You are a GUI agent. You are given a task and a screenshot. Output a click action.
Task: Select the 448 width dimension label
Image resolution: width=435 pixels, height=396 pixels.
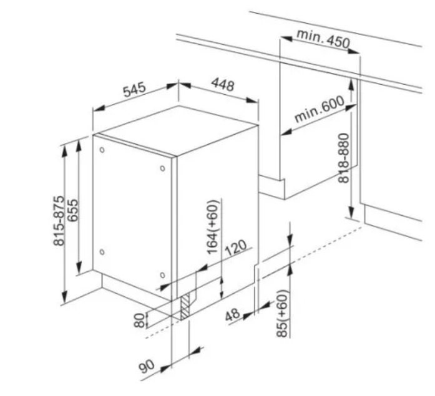(x=223, y=85)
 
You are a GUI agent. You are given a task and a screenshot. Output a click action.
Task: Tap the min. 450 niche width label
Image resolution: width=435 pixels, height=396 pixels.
(x=323, y=38)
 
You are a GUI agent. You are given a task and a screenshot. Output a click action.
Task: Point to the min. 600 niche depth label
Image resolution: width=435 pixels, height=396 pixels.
(x=319, y=109)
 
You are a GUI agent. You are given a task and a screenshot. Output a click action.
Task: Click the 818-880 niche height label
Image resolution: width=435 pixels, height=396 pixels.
(x=343, y=158)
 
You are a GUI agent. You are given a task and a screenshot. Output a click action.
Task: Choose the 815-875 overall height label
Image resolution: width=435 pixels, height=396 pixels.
(x=59, y=221)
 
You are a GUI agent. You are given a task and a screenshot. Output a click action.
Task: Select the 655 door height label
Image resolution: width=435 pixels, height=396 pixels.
(x=73, y=210)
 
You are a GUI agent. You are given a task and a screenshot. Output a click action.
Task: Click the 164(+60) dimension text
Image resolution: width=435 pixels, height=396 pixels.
(x=213, y=226)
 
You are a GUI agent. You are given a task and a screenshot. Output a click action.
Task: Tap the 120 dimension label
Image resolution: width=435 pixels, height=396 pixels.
(x=235, y=248)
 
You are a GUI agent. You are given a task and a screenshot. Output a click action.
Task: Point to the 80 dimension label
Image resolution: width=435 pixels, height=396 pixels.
(x=140, y=321)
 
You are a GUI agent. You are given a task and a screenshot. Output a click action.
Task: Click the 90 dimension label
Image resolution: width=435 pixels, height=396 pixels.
(x=147, y=366)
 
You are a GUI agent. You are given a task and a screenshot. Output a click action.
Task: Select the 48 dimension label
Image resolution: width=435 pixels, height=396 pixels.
(x=232, y=315)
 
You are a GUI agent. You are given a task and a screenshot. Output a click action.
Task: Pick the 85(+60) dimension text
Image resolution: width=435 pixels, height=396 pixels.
(x=281, y=313)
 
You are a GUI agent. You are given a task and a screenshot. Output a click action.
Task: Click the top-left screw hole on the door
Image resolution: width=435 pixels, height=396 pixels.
(x=102, y=150)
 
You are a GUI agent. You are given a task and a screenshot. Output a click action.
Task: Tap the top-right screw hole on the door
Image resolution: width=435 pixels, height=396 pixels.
(x=162, y=168)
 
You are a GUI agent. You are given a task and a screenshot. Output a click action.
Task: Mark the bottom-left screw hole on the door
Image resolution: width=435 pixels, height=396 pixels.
(x=102, y=252)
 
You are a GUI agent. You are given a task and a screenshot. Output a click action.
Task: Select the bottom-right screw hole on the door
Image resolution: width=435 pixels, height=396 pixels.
(x=162, y=275)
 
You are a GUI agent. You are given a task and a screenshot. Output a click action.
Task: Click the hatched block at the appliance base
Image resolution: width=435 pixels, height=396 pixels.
(x=185, y=306)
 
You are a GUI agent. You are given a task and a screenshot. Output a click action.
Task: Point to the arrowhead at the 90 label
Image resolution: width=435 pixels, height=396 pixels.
(x=165, y=368)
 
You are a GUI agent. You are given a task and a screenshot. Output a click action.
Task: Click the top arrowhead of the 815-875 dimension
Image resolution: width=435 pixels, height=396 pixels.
(x=65, y=150)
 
